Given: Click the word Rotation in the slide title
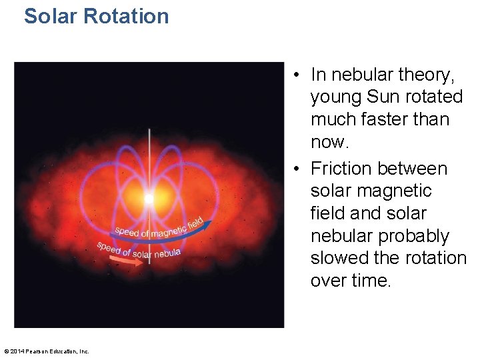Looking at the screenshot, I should click(131, 15).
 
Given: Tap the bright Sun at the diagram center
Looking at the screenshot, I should click(149, 199).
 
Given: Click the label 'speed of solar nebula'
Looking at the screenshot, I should click(138, 250).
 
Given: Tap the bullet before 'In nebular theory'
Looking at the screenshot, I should click(295, 75).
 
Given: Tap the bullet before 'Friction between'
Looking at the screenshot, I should click(295, 169).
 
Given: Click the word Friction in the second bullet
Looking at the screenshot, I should click(341, 169).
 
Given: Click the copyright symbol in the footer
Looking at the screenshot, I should click(7, 351).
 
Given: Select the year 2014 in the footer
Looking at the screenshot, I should click(17, 351).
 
